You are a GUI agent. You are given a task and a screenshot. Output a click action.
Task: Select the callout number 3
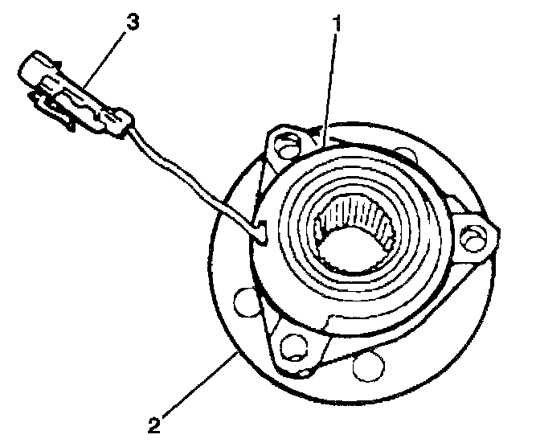pyautogui.click(x=131, y=22)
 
